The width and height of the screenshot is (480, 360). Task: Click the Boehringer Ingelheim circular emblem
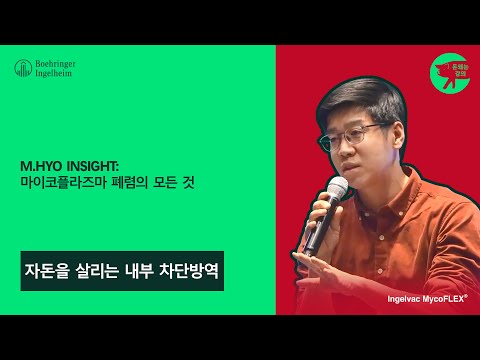pos(21,68)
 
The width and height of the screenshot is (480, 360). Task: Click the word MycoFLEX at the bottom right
pos(445,298)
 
